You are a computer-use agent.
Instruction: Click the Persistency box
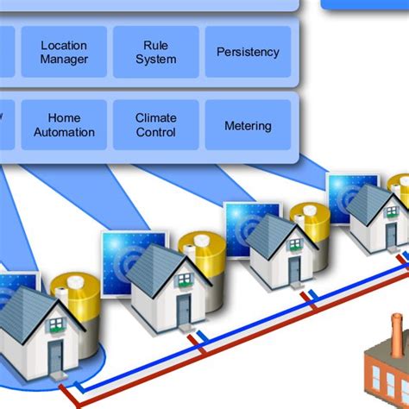point(248,52)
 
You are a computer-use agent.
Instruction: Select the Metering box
point(248,126)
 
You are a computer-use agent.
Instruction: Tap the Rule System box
point(156,52)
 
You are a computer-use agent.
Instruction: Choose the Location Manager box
point(65,52)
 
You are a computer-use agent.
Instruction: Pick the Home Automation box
point(65,126)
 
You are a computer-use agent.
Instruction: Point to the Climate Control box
point(156,126)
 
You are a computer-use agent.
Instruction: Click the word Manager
point(65,60)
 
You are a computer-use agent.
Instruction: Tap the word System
point(156,60)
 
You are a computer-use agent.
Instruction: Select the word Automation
point(65,133)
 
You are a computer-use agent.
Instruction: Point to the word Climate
point(156,118)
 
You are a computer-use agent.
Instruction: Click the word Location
point(65,45)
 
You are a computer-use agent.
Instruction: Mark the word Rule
point(156,45)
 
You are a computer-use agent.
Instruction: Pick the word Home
point(65,118)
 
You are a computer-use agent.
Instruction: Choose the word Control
point(156,133)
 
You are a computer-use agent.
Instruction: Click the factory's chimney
point(396,332)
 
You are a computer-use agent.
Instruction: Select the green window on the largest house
point(56,324)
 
